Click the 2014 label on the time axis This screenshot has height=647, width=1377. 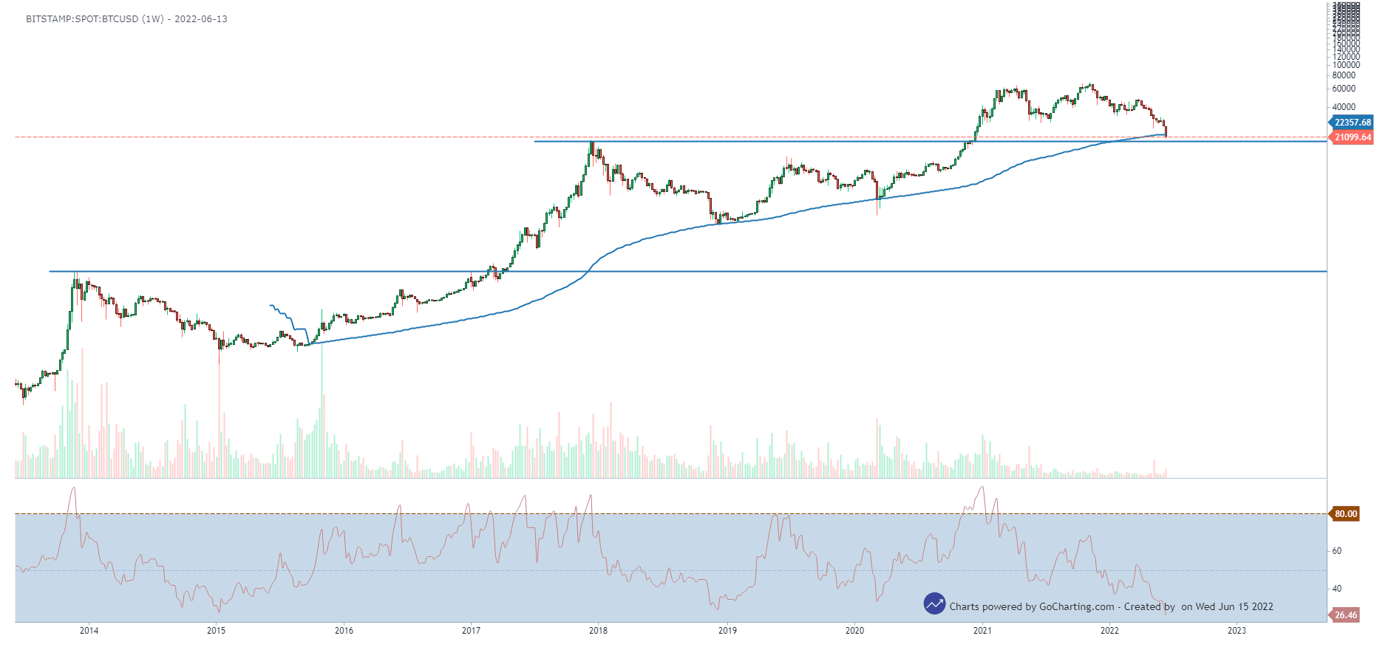89,630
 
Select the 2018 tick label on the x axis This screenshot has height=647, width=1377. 599,630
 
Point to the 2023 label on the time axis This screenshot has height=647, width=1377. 1237,630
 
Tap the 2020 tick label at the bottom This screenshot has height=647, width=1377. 854,630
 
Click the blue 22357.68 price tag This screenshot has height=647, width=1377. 1353,123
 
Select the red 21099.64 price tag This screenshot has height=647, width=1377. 1353,137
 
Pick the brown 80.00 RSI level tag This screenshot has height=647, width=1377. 1346,514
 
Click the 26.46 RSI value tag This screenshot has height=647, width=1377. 1346,615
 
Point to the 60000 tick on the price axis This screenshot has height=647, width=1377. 1344,89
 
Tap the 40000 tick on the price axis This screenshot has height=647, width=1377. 1344,107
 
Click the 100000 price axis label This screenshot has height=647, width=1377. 1346,65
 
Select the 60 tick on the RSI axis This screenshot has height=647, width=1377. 1337,551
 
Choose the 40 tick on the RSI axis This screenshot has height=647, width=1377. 1337,589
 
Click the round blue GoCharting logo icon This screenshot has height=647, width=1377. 934,603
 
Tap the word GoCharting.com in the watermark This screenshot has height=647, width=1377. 1077,607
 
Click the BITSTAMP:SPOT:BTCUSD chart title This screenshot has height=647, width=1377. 82,19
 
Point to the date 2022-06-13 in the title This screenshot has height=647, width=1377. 201,19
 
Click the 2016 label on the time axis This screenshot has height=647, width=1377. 344,630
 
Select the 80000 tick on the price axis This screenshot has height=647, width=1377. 1344,75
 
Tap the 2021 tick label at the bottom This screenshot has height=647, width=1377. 982,630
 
